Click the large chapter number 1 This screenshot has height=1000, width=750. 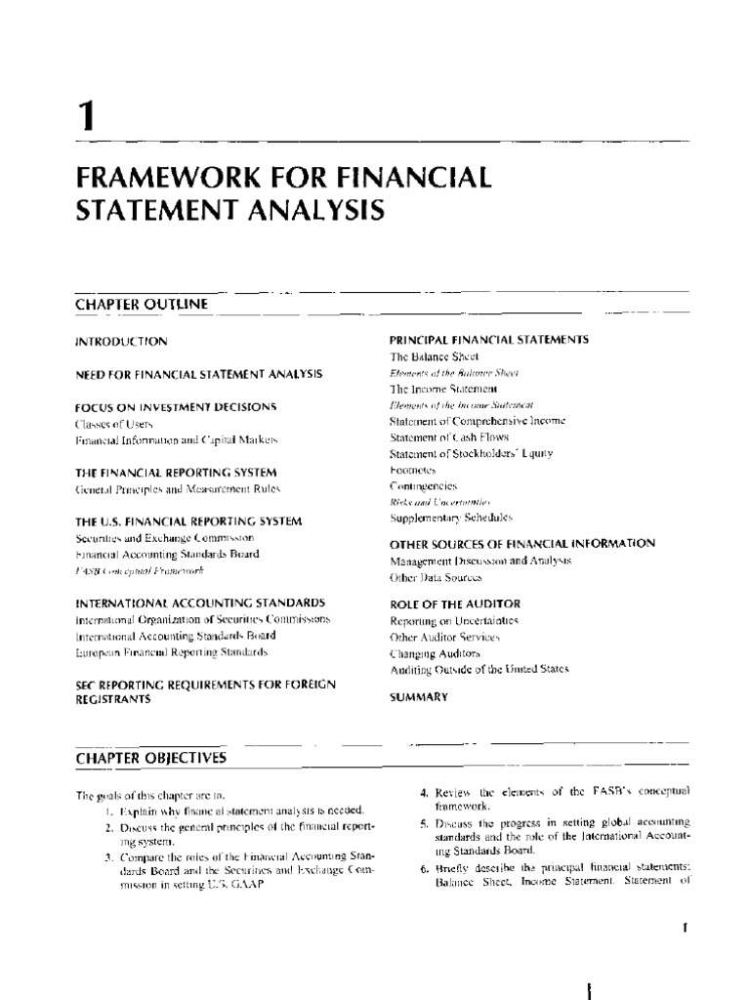87,118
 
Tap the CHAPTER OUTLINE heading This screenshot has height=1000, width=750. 141,304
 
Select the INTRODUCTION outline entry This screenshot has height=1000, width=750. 122,342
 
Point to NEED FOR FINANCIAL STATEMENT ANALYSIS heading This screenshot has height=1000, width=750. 198,374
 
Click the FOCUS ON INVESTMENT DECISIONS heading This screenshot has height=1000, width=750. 177,406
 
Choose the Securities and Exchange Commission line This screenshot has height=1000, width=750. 165,537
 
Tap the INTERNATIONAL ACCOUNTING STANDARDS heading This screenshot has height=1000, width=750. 200,604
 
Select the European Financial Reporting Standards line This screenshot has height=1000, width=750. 171,650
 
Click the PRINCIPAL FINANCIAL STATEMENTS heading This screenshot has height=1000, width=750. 488,339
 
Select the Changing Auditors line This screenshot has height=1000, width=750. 436,651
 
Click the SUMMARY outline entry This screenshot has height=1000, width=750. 419,697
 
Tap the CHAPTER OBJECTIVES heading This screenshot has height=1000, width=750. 150,758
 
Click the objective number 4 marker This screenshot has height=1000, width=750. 411,792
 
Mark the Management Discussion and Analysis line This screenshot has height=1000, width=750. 479,562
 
